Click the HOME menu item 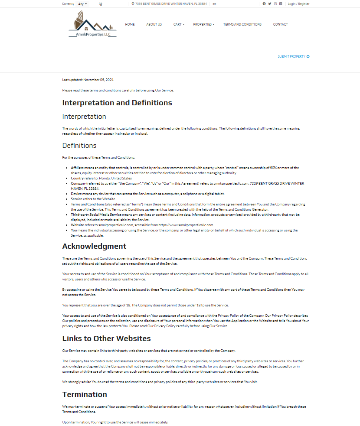[130, 24]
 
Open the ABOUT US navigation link [154, 24]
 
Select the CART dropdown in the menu [178, 24]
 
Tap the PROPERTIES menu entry [203, 24]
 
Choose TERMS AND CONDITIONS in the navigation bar [242, 24]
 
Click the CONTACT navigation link [280, 24]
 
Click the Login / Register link [298, 3]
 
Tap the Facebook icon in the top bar [264, 3]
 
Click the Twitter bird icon [270, 3]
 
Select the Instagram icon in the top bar [275, 3]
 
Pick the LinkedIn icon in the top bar [281, 3]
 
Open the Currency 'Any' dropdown [82, 3]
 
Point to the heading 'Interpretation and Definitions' [117, 103]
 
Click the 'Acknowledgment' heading [94, 246]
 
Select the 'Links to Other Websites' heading [106, 338]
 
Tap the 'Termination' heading [85, 394]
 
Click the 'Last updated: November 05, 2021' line [88, 80]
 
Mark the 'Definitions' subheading [79, 145]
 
